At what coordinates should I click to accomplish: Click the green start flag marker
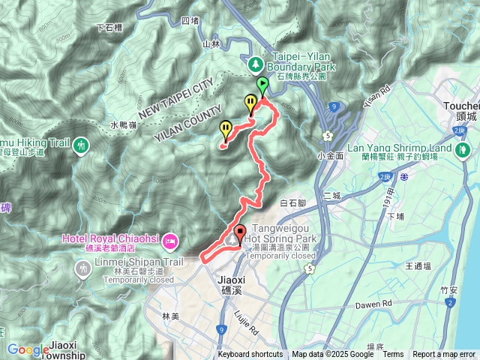point(262,85)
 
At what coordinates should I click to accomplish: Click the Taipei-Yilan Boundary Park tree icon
point(256,64)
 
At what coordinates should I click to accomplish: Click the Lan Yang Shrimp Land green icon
point(464,149)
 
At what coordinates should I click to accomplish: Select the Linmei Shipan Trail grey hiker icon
point(81,265)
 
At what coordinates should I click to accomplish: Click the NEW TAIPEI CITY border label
point(172,95)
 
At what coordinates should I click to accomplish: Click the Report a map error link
point(445,355)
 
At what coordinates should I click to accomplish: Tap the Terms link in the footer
point(394,355)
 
